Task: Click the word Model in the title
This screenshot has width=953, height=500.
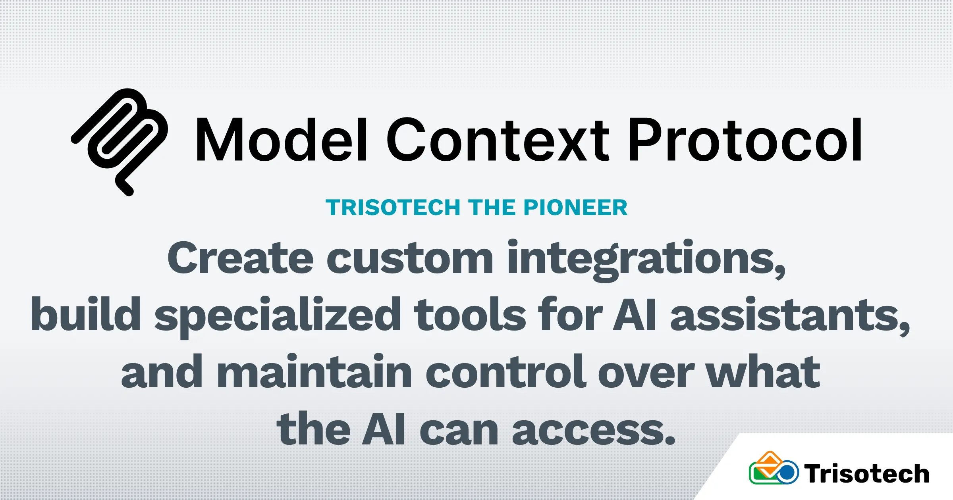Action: tap(281, 140)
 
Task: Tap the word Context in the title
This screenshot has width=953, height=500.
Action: tap(498, 140)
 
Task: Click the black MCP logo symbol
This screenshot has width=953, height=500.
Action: tap(119, 142)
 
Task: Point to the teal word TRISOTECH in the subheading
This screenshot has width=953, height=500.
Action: tap(392, 208)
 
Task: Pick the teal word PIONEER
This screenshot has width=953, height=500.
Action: tap(575, 208)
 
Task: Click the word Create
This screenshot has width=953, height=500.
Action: tap(241, 258)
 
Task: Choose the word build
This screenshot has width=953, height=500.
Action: tap(86, 313)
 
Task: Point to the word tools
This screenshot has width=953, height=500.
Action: tap(470, 313)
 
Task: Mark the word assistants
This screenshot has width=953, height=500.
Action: tap(790, 315)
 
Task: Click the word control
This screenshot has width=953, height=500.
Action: tap(505, 371)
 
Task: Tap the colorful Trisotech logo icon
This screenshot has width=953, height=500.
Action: tap(774, 468)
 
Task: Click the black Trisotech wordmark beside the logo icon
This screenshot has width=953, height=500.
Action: tap(866, 473)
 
